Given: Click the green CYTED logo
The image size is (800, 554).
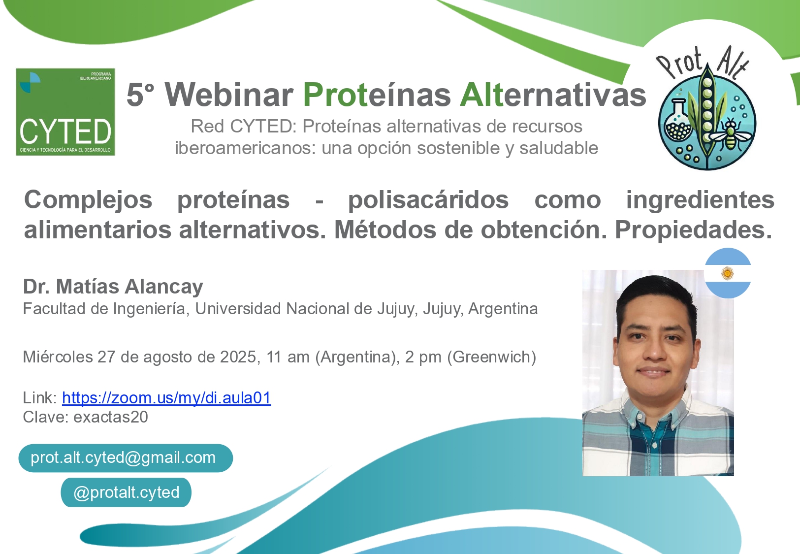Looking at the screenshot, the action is pyautogui.click(x=65, y=112).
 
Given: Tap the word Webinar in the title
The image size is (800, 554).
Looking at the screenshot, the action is pyautogui.click(x=229, y=95).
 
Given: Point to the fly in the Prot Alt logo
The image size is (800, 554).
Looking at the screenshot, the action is pyautogui.click(x=731, y=134).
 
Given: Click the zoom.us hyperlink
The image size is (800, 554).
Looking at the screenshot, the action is pyautogui.click(x=166, y=397).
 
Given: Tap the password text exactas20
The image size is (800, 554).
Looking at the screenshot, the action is pyautogui.click(x=111, y=417).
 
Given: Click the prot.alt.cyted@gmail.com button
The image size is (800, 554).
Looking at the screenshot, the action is pyautogui.click(x=126, y=458).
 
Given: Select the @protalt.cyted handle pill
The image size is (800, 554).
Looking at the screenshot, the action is pyautogui.click(x=126, y=492).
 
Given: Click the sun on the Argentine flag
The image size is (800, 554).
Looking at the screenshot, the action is pyautogui.click(x=728, y=274).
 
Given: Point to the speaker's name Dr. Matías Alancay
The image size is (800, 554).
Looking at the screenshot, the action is pyautogui.click(x=113, y=287).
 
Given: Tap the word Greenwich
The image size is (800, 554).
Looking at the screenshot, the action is pyautogui.click(x=492, y=357).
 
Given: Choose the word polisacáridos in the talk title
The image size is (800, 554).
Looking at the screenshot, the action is pyautogui.click(x=428, y=199).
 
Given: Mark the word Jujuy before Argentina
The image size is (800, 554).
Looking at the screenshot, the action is pyautogui.click(x=443, y=309).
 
